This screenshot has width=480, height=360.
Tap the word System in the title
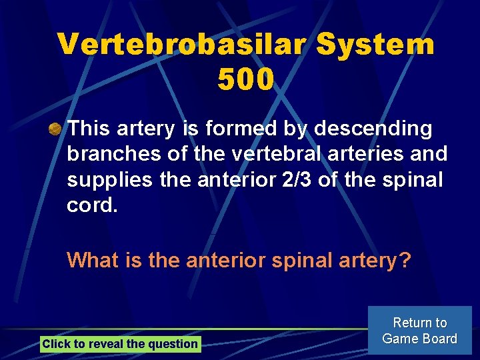click(x=376, y=45)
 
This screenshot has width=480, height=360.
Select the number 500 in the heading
click(x=246, y=80)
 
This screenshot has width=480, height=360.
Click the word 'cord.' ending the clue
click(x=92, y=206)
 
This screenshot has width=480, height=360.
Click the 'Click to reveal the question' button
click(x=120, y=344)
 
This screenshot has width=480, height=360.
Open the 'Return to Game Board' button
click(x=419, y=331)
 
